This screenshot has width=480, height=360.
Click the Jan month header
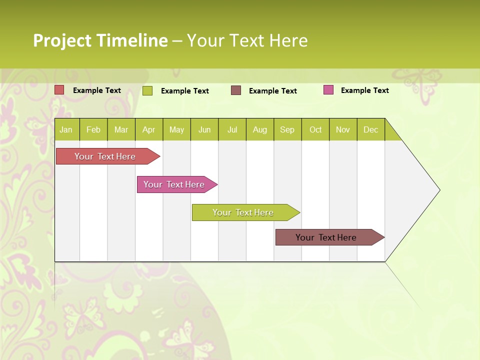66,130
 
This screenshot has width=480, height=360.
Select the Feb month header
93,130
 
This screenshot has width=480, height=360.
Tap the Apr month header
148,130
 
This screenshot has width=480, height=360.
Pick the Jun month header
204,130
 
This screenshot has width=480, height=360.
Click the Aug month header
259,130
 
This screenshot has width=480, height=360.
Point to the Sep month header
287,130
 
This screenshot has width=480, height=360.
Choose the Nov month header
343,130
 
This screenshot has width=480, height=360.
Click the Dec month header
370,130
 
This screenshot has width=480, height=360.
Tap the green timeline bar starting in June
243,212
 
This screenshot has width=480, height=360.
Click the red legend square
59,90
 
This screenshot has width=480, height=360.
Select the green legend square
147,90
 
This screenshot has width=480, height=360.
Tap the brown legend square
236,90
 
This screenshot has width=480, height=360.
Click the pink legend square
328,90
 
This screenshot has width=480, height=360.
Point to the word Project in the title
61,40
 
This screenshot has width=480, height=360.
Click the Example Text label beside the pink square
364,90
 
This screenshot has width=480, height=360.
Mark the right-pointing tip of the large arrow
439,190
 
